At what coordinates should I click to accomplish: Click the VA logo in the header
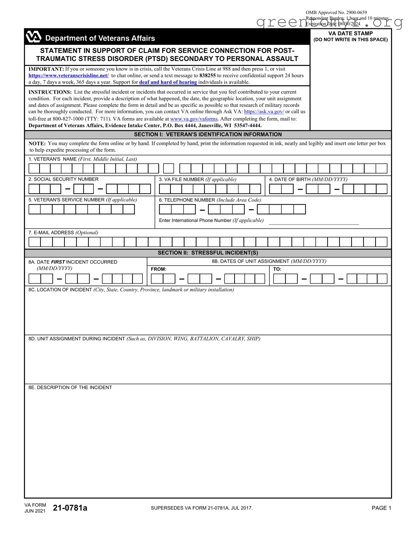click(x=33, y=37)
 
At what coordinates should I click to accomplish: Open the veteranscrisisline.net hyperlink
click(x=68, y=75)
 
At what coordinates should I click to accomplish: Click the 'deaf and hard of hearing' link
click(x=168, y=82)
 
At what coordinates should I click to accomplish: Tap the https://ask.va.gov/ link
click(x=264, y=111)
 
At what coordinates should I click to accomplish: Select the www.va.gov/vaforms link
click(x=194, y=119)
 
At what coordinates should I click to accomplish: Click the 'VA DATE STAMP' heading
click(x=350, y=33)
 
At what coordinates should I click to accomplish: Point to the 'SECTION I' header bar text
click(x=208, y=135)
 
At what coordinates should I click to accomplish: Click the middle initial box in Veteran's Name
click(x=168, y=168)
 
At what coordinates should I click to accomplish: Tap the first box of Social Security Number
click(x=34, y=189)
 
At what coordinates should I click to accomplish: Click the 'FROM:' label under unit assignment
click(x=158, y=269)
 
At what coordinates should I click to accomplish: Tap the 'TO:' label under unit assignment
click(x=277, y=269)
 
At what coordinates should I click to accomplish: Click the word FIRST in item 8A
click(x=58, y=262)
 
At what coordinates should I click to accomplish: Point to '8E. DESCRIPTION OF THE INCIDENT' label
click(x=70, y=388)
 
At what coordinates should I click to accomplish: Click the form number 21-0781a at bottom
click(x=70, y=508)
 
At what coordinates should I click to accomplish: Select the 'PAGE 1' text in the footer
click(x=381, y=508)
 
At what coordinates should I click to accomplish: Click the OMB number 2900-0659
click(x=356, y=12)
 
